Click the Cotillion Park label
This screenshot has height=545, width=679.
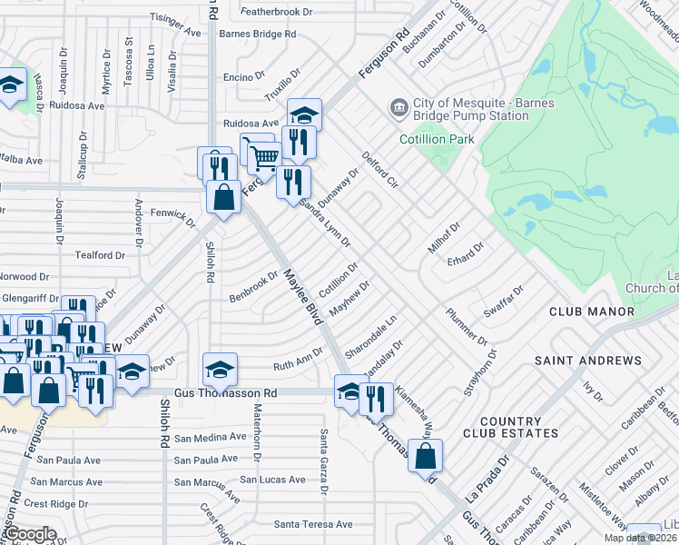coord(437,139)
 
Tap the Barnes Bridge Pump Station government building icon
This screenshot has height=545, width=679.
coord(399,109)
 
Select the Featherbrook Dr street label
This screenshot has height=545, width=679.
coord(276,13)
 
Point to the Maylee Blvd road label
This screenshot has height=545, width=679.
coord(302,297)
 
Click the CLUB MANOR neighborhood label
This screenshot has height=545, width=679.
coord(591,312)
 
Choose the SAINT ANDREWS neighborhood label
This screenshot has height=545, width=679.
coord(587,361)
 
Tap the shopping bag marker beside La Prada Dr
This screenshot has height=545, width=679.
coord(425,456)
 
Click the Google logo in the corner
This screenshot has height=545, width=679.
coord(31,534)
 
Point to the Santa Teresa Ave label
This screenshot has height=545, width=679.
coord(313,524)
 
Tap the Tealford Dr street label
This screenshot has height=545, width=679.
coord(100,256)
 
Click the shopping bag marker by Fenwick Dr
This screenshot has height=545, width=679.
coord(223,197)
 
